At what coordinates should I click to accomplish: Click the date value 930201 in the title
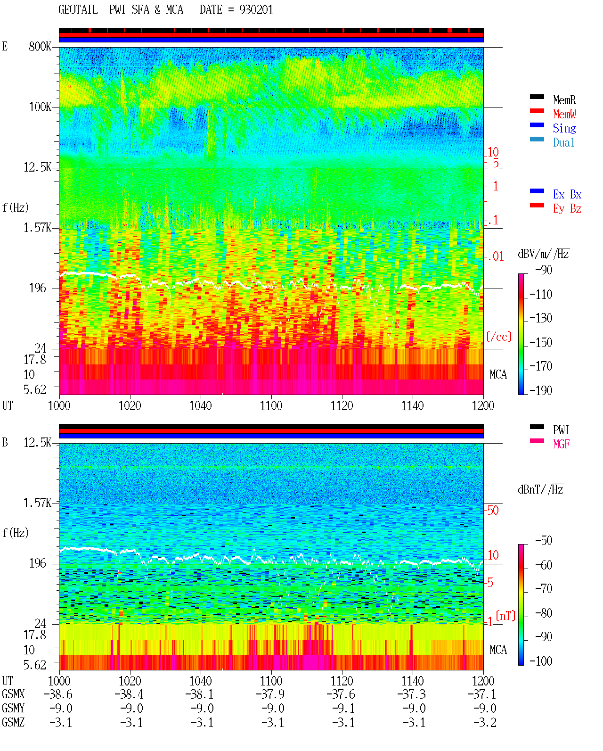coord(256,9)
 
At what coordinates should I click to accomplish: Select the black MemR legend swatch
coord(537,97)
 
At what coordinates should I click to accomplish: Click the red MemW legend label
coord(564,114)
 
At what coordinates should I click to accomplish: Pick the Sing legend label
coord(564,128)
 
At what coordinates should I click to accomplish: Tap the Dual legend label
coord(563,142)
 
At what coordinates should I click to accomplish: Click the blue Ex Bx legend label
coord(567,194)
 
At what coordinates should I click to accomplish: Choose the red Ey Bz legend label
coord(567,208)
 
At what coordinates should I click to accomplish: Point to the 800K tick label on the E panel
coord(40,46)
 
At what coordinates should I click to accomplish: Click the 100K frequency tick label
coord(40,107)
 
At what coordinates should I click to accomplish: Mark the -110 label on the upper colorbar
coord(540,295)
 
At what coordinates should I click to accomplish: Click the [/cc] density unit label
coord(499,337)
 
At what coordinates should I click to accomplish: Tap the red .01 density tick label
coord(496,256)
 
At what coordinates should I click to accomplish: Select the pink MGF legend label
coord(561,444)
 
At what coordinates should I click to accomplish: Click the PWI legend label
coord(561,429)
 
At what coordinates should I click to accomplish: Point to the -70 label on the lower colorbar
coord(544,588)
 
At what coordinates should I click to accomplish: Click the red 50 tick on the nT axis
coord(493,510)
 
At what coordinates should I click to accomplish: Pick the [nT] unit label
coord(505,616)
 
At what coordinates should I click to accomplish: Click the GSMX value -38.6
coord(58,694)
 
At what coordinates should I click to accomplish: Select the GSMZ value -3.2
coord(485,722)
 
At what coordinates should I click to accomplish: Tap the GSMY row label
coord(13,709)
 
